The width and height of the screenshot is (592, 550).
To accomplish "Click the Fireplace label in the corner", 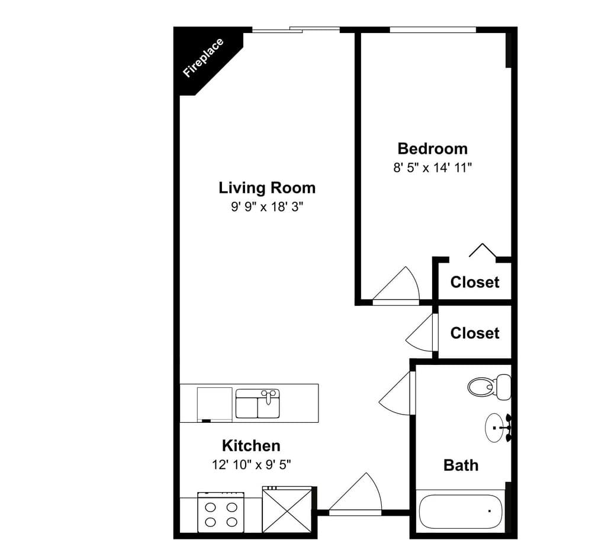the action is (x=203, y=58).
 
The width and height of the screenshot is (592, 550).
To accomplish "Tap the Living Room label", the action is (x=267, y=187).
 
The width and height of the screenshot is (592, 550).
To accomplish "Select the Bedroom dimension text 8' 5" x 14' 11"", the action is (x=433, y=167).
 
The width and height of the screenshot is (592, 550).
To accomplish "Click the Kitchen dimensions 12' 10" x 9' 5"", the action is (x=252, y=464).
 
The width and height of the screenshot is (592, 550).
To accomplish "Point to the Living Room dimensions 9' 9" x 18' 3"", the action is (x=268, y=206).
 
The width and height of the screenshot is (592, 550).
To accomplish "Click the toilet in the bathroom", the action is (x=490, y=387).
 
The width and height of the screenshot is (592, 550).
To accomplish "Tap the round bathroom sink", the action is (x=498, y=428).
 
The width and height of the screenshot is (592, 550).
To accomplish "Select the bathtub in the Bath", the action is (x=461, y=511).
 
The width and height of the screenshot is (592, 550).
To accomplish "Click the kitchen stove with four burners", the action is (x=221, y=512).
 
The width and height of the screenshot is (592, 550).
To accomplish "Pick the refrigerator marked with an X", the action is (x=287, y=510).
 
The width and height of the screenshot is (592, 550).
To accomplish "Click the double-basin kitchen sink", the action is (x=258, y=404).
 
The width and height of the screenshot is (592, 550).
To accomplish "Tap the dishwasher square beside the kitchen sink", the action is (x=214, y=404).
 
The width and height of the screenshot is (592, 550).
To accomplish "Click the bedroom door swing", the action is (x=397, y=286).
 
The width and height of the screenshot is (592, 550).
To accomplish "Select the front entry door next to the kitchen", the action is (x=355, y=494).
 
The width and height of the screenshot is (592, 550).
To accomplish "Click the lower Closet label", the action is (x=475, y=333).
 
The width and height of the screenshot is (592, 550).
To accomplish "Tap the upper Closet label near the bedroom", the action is (x=475, y=282).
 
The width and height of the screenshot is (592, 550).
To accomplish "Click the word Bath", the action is (x=461, y=465).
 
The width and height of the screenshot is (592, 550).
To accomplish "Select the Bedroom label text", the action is (x=433, y=148).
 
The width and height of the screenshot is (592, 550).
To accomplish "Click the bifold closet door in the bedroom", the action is (x=482, y=250).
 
